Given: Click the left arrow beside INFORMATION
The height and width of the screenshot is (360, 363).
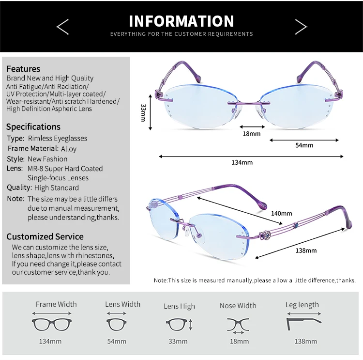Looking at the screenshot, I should coord(63,27).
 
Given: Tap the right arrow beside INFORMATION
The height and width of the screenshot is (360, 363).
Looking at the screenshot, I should coord(301,27).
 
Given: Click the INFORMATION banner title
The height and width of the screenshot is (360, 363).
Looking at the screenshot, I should coord(181,21).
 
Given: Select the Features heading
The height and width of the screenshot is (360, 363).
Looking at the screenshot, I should coord(23,69).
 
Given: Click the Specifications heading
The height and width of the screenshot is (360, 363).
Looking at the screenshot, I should coord(33,127).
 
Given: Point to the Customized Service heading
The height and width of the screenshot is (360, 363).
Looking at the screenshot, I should coord(45,236).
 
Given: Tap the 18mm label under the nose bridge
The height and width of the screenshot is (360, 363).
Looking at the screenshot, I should coord(252,133).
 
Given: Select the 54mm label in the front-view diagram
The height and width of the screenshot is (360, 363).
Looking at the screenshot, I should coord(304,145).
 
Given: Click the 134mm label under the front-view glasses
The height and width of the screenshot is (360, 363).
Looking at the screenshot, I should coord(242,162).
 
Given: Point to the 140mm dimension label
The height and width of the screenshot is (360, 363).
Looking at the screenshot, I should coord(282,213).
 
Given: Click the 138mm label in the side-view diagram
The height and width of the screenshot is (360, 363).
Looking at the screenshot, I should coord(306,250).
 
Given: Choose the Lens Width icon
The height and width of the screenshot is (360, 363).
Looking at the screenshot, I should coord(116,323).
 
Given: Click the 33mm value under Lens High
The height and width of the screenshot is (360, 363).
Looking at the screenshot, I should coord(178,342).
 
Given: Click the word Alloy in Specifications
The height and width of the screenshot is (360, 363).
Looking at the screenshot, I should coord(69,149).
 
